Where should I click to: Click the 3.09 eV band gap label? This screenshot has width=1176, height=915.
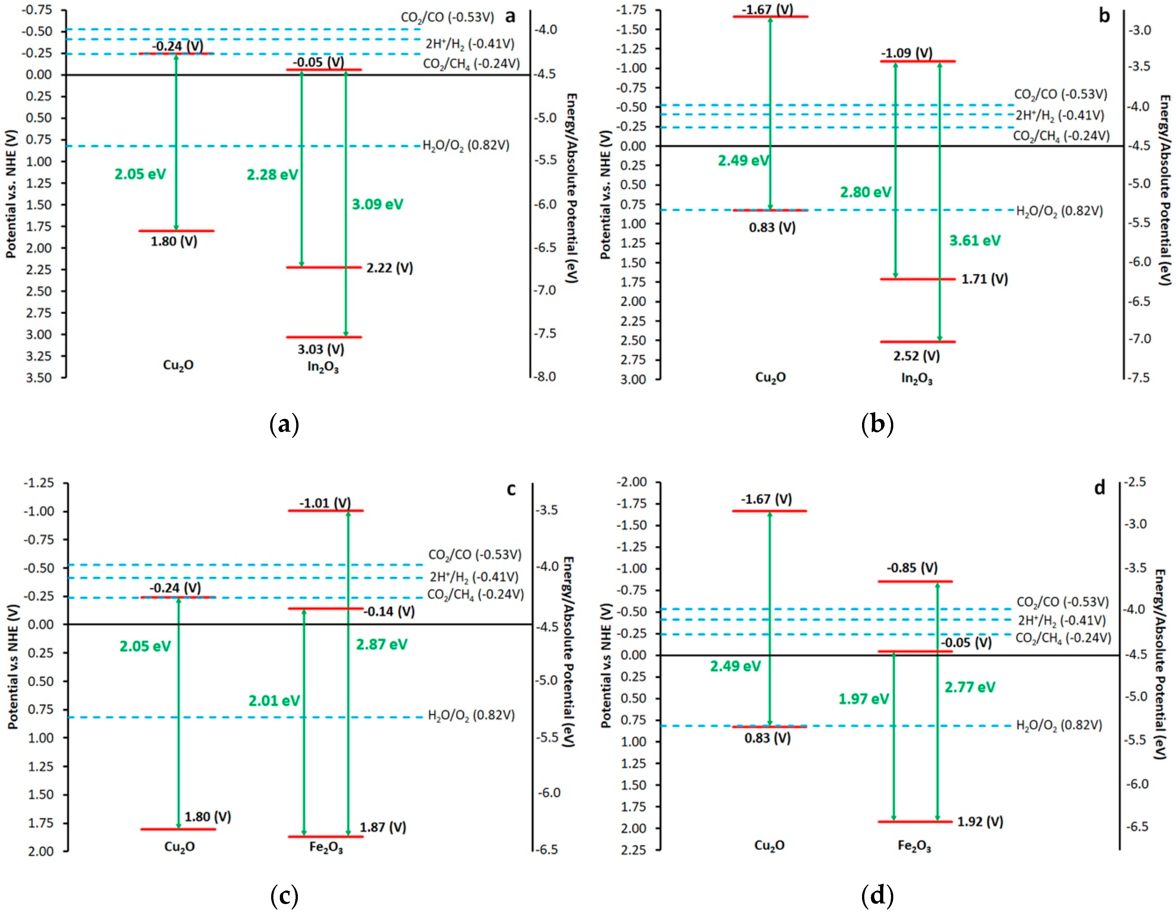click(x=377, y=204)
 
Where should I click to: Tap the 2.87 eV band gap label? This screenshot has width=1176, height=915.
click(x=382, y=644)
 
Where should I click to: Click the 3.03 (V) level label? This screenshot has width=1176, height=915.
click(x=321, y=349)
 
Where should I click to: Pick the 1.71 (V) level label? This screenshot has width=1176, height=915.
click(x=985, y=279)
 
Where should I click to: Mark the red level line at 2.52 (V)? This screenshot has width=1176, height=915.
click(x=917, y=342)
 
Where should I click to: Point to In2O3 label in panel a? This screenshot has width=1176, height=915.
click(x=323, y=367)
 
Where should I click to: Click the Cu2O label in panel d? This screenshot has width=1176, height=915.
click(x=770, y=845)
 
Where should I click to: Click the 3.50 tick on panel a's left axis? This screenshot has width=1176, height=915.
click(x=39, y=378)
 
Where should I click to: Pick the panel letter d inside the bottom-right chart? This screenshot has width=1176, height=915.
click(x=1100, y=488)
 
